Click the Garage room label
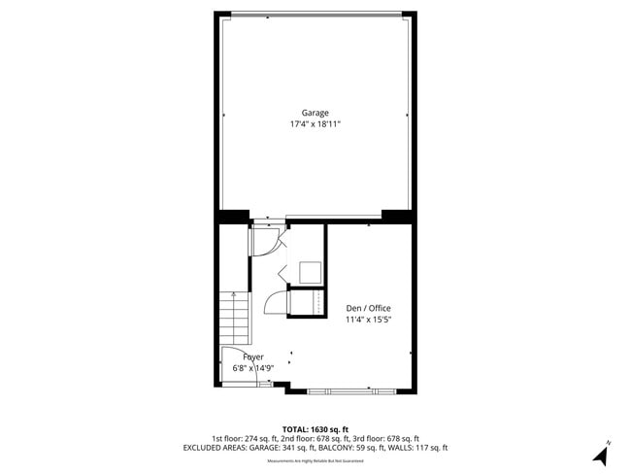click(315, 113)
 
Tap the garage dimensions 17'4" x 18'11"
click(315, 124)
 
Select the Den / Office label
click(368, 308)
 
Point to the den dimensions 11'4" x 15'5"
click(368, 320)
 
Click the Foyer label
click(252, 356)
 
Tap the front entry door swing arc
click(234, 360)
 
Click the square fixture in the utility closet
click(310, 272)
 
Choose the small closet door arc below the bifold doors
click(276, 303)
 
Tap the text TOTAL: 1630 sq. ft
click(315, 428)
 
